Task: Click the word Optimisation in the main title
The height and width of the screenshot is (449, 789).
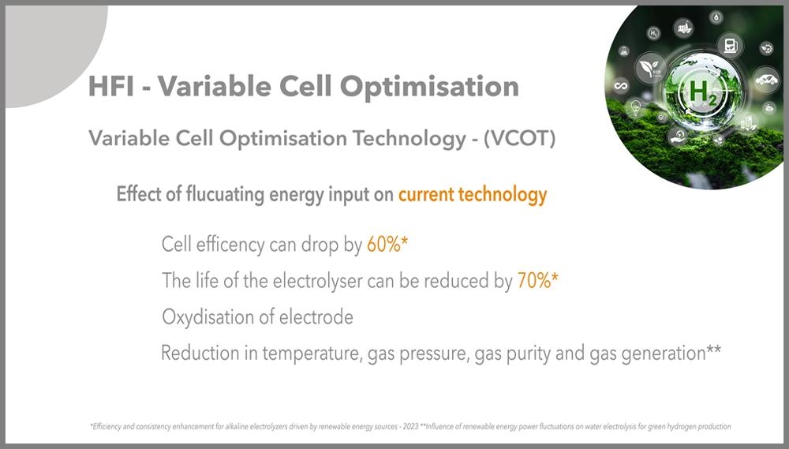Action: coord(429,87)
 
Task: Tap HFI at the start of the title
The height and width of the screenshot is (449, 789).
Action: coord(111,86)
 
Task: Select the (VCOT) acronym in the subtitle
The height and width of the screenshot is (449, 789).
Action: coord(520,138)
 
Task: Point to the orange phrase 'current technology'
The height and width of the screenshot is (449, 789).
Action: coord(473,195)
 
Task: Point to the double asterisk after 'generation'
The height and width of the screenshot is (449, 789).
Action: coord(714,350)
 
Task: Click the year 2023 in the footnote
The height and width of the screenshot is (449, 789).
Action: coord(410,426)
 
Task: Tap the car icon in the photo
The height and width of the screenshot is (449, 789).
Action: coord(766,80)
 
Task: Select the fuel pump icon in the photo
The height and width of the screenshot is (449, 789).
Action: coord(730,45)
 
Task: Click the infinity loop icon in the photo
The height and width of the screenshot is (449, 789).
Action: coord(621,86)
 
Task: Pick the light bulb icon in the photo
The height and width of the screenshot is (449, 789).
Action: coord(635,107)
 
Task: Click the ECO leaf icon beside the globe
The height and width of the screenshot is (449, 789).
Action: coord(651,69)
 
